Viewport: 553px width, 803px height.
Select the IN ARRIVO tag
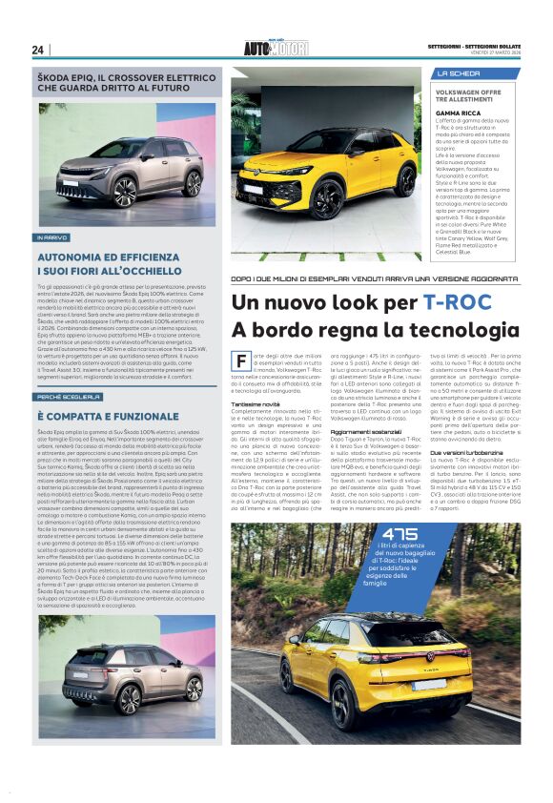point(52,237)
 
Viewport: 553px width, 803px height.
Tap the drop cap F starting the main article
point(240,361)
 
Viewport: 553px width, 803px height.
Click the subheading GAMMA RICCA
point(457,112)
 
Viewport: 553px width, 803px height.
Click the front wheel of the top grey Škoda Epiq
point(125,190)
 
